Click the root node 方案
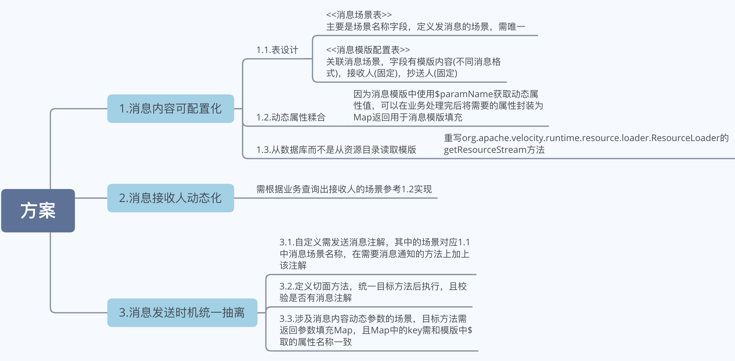pos(38,211)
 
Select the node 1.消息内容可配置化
pos(170,109)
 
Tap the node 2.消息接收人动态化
pos(170,198)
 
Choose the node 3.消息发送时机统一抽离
pos(182,313)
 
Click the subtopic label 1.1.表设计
pos(277,50)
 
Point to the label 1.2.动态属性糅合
pos(291,117)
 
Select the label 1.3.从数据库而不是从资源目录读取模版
pos(336,150)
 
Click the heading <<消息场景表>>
pos(359,15)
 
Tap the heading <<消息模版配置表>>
pos(368,50)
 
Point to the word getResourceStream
pos(485,150)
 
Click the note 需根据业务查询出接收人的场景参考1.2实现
pos(344,189)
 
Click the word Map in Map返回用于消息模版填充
pos(362,117)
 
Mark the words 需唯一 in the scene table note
pos(512,27)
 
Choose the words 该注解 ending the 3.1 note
pos(293,266)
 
